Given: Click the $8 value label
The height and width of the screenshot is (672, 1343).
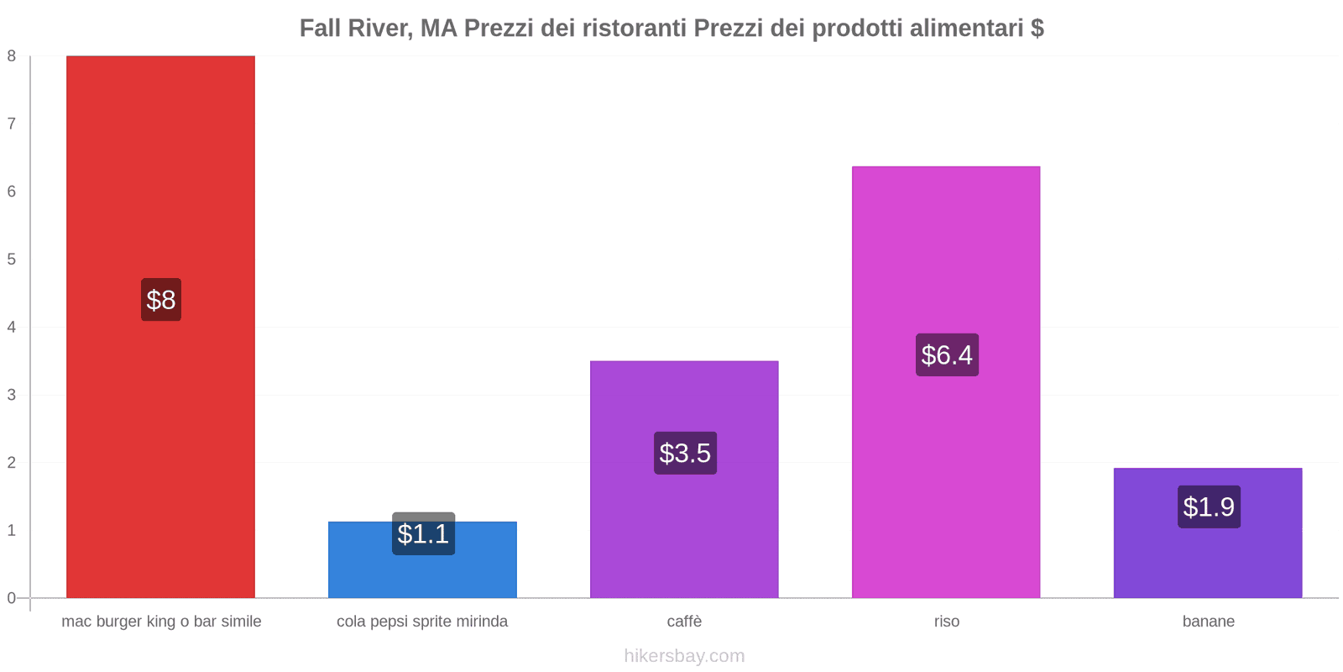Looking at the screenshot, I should coord(161,300).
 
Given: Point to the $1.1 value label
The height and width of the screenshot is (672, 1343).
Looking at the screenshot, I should coord(423,534).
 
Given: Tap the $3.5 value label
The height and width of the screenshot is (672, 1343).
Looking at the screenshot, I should coord(685,454).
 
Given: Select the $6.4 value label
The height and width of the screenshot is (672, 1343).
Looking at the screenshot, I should coord(947,355).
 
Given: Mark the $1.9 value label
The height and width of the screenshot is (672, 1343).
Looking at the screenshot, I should coord(1209,507).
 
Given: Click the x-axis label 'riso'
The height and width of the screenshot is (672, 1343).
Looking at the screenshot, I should coord(946,622).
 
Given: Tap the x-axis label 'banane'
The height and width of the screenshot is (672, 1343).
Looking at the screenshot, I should coord(1208,622).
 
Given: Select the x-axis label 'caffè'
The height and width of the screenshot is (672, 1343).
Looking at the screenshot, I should coord(684,622).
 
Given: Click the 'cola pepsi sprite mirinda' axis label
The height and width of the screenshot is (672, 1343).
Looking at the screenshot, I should coord(422,622).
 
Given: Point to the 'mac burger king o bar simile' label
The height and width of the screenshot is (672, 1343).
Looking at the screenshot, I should coord(161,622).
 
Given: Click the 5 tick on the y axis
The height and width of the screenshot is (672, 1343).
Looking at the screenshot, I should coord(12,260).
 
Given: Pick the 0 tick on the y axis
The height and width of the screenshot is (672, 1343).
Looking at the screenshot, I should coord(12,598).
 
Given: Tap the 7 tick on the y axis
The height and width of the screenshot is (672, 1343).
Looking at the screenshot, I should coord(12,124).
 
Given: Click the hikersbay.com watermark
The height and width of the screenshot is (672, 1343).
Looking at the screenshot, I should coord(684,656).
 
